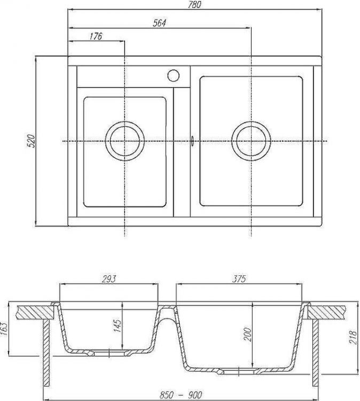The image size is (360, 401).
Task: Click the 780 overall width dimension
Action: [x=195, y=5]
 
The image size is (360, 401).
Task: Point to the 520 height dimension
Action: [x=31, y=141]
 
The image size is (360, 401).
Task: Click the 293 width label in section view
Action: [x=108, y=279]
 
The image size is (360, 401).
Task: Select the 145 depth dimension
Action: [x=118, y=325]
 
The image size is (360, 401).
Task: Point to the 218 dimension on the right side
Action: [x=353, y=337]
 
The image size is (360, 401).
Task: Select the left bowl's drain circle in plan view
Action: [x=124, y=141]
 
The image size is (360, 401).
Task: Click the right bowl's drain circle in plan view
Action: [x=251, y=141]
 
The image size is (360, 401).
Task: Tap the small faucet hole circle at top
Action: [x=174, y=75]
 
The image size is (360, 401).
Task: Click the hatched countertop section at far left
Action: [x=32, y=311]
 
